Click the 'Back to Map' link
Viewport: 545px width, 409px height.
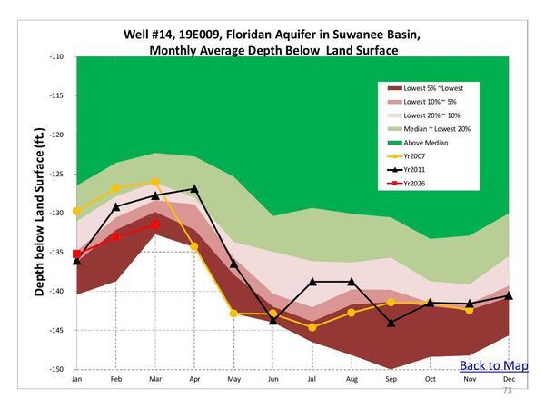point(493,365)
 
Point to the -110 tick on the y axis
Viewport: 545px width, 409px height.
point(56,56)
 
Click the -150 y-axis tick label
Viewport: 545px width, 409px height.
point(56,370)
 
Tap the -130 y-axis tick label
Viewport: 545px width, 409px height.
point(56,214)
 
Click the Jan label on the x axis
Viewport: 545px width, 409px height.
point(76,378)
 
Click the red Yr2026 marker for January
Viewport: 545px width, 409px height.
point(76,254)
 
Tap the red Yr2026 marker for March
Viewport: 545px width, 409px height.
point(155,224)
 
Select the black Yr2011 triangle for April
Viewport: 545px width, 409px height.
point(194,189)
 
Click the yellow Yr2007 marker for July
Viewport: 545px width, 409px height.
point(312,327)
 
